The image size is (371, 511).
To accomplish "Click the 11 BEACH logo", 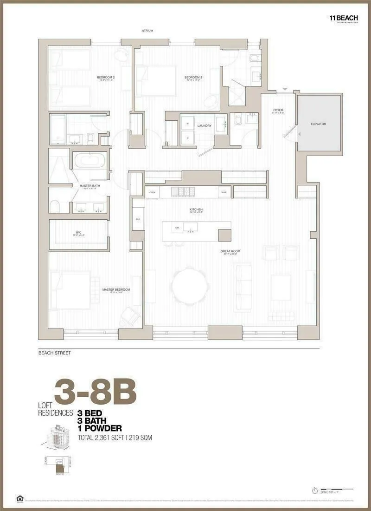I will (343, 17).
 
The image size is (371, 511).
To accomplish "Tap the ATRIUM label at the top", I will (147, 31).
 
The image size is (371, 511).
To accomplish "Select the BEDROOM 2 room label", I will (105, 77).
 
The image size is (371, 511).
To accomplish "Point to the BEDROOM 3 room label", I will (193, 77).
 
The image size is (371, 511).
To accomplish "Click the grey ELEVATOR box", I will (319, 124).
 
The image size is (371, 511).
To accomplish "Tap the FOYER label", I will (278, 110).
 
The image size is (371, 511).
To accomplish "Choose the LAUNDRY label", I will (205, 126).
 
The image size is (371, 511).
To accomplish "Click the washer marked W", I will (188, 124).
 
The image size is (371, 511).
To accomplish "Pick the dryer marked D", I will (188, 138).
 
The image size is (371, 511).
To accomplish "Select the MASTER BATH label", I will (90, 186).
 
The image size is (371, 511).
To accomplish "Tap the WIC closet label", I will (78, 232).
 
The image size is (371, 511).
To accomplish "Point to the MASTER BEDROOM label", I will (116, 289).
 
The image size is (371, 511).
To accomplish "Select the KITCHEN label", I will (196, 210).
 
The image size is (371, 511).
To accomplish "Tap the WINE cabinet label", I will (224, 192).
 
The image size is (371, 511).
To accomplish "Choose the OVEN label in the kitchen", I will (152, 192).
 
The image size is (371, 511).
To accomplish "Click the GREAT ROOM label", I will (230, 251).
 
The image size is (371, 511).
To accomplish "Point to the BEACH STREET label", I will (54, 353).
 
